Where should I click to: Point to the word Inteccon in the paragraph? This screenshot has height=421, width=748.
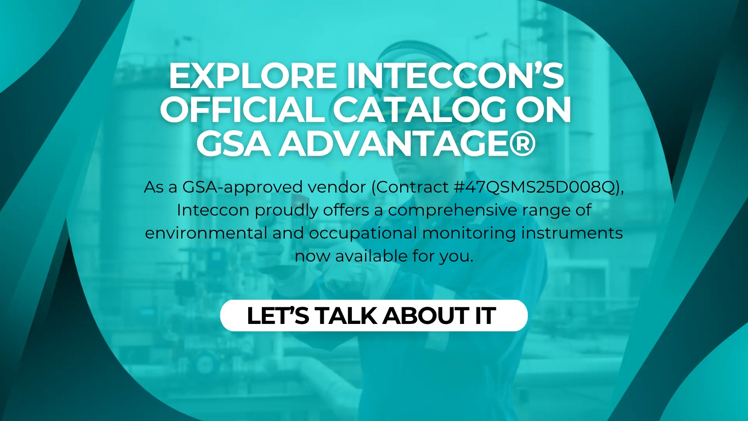(213, 210)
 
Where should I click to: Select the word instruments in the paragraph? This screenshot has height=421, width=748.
(572, 233)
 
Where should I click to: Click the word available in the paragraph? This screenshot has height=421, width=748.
(371, 256)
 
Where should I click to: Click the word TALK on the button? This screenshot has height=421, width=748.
(346, 315)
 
